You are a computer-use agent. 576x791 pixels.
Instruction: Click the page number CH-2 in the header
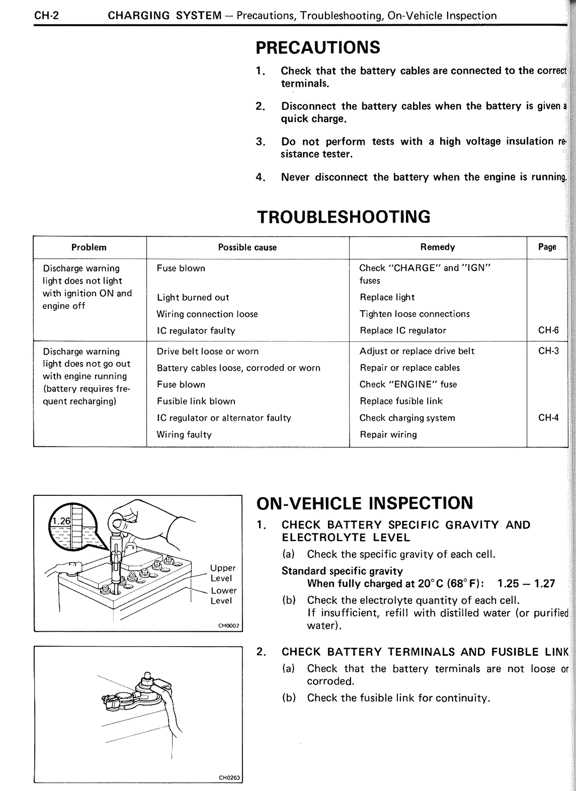click(x=47, y=16)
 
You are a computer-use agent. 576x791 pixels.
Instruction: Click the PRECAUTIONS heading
click(x=318, y=47)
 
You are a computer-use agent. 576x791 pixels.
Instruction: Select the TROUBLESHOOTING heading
click(x=343, y=216)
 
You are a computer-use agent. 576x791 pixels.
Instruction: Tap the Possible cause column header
click(x=247, y=247)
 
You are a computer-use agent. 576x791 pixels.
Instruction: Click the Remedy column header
click(x=437, y=247)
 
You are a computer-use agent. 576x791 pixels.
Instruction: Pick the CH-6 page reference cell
click(x=548, y=330)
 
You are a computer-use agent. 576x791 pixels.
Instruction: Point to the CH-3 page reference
click(x=548, y=351)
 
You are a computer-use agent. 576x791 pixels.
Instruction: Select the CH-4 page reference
click(x=548, y=418)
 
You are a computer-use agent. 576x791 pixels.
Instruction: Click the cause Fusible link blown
click(x=196, y=401)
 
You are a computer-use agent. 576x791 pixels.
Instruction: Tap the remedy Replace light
click(x=387, y=297)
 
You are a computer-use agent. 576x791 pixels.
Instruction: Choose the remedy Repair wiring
click(x=388, y=435)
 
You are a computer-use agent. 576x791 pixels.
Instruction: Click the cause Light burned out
click(x=193, y=297)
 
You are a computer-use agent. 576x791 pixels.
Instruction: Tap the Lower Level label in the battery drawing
click(x=223, y=595)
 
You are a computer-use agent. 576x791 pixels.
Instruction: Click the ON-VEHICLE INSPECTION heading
click(x=364, y=503)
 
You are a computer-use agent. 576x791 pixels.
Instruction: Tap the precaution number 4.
click(x=260, y=177)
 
